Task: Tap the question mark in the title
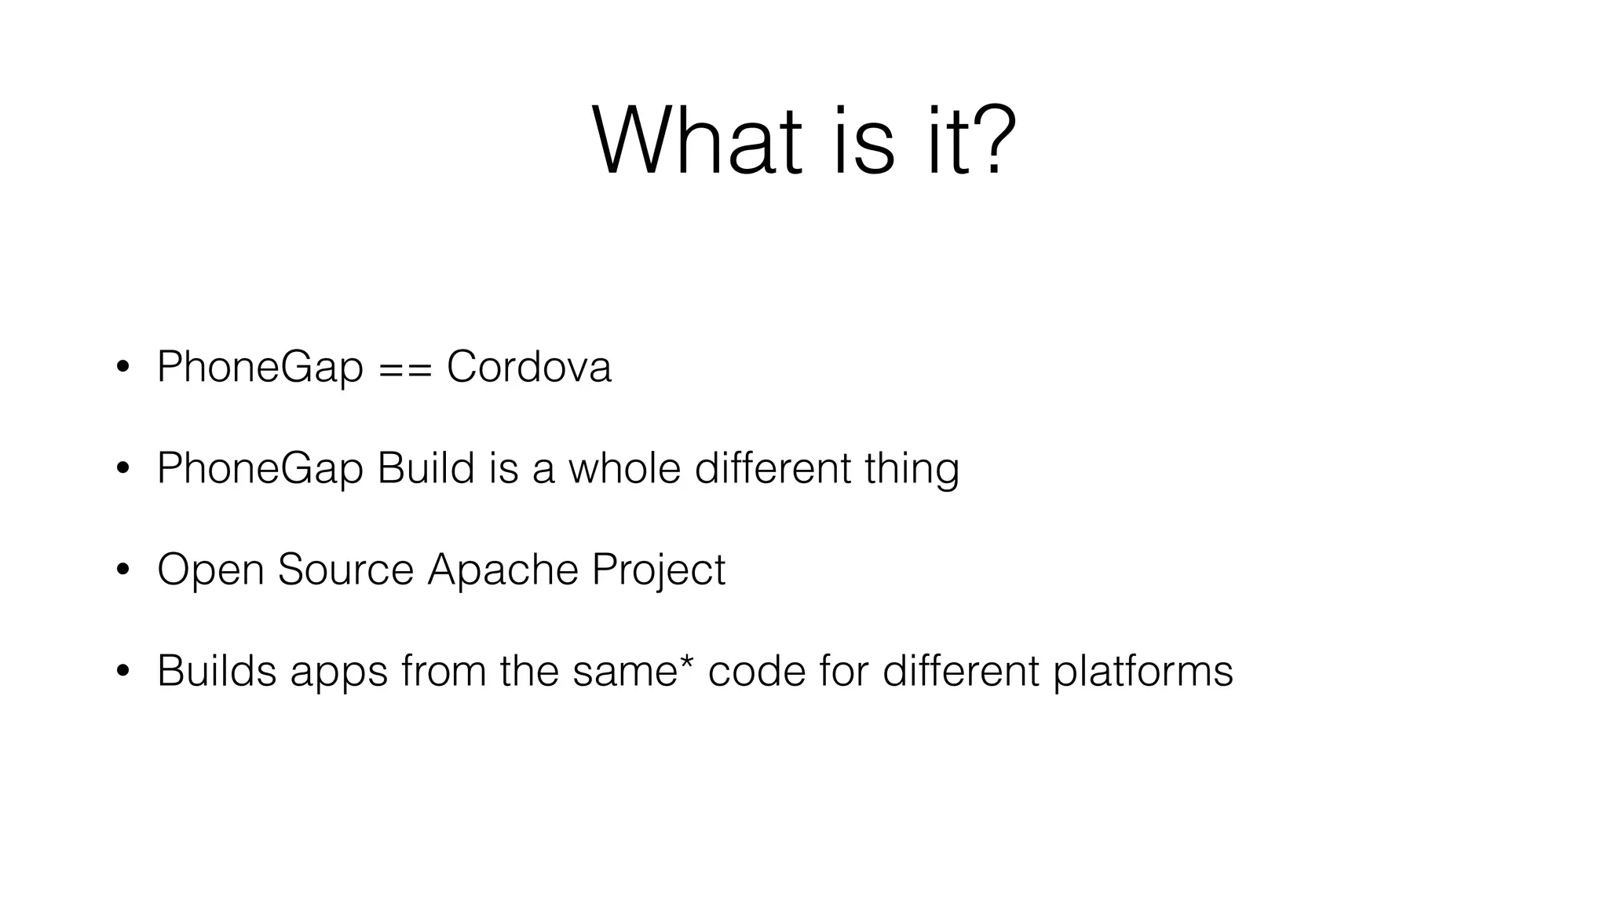click(x=994, y=142)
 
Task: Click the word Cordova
click(x=528, y=367)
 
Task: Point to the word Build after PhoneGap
click(x=426, y=468)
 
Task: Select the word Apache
click(x=502, y=570)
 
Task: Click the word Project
click(x=658, y=571)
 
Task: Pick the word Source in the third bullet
click(x=345, y=570)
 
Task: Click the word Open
click(x=210, y=571)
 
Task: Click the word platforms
click(x=1142, y=672)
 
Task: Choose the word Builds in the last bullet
click(x=217, y=671)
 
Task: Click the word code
click(x=757, y=671)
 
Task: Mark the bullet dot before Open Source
click(x=122, y=571)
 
